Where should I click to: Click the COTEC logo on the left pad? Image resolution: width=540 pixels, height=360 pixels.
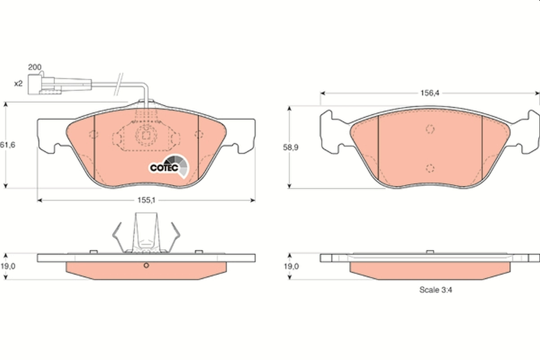click(x=170, y=166)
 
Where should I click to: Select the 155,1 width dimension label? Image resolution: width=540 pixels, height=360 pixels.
click(x=146, y=200)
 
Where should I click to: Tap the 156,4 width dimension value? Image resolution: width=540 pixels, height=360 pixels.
click(x=429, y=93)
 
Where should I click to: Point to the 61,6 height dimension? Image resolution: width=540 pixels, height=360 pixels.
click(x=5, y=145)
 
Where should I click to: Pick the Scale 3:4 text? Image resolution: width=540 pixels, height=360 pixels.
click(x=435, y=290)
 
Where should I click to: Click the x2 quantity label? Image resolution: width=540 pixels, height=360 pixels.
click(x=18, y=83)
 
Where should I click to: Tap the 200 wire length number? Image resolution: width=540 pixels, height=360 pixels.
click(x=34, y=67)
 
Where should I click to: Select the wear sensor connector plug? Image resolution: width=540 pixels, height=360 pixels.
click(x=40, y=84)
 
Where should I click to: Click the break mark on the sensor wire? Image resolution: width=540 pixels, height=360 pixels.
click(x=119, y=84)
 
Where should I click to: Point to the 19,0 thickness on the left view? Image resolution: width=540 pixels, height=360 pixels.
click(x=8, y=266)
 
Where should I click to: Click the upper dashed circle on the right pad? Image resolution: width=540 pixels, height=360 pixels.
click(x=430, y=129)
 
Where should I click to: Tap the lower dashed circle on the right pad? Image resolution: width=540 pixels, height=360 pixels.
click(x=430, y=168)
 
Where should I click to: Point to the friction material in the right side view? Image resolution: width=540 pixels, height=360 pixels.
click(x=430, y=270)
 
